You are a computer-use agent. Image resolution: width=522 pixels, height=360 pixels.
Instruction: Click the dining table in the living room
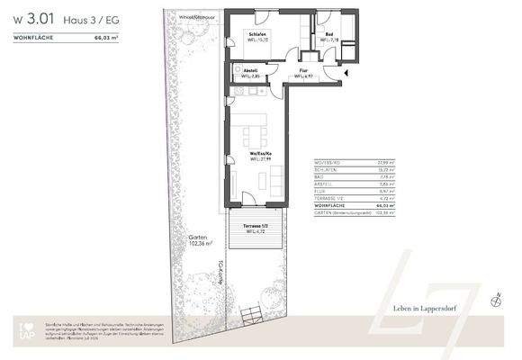[252, 137]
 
